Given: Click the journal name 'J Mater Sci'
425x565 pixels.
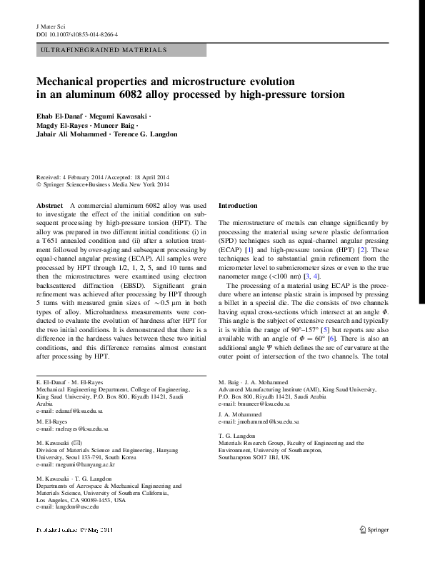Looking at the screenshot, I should pos(50,26).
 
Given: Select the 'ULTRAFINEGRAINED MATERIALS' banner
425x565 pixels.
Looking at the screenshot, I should pos(104,50).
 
